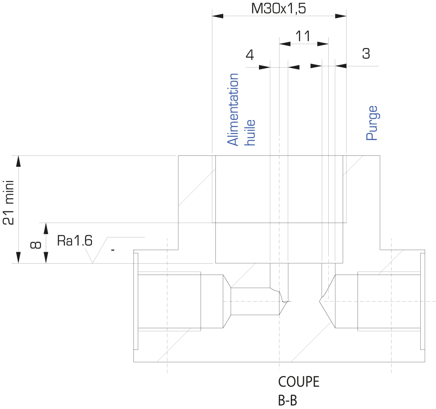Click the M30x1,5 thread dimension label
click(278, 8)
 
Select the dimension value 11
click(303, 36)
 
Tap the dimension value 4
click(250, 55)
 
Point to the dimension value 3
click(366, 53)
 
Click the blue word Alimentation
click(233, 110)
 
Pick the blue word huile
click(249, 133)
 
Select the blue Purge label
click(372, 123)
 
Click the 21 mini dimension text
click(8, 203)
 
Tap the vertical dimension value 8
click(35, 245)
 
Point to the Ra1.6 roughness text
click(75, 241)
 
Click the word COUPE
click(299, 382)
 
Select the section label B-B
click(287, 401)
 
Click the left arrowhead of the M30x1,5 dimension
click(218, 16)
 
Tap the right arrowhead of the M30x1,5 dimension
click(341, 16)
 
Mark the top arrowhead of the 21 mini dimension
click(18, 161)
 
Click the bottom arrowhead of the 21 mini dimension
click(18, 258)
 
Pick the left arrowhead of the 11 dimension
click(285, 44)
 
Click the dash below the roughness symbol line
click(112, 250)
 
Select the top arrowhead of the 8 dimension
click(46, 228)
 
